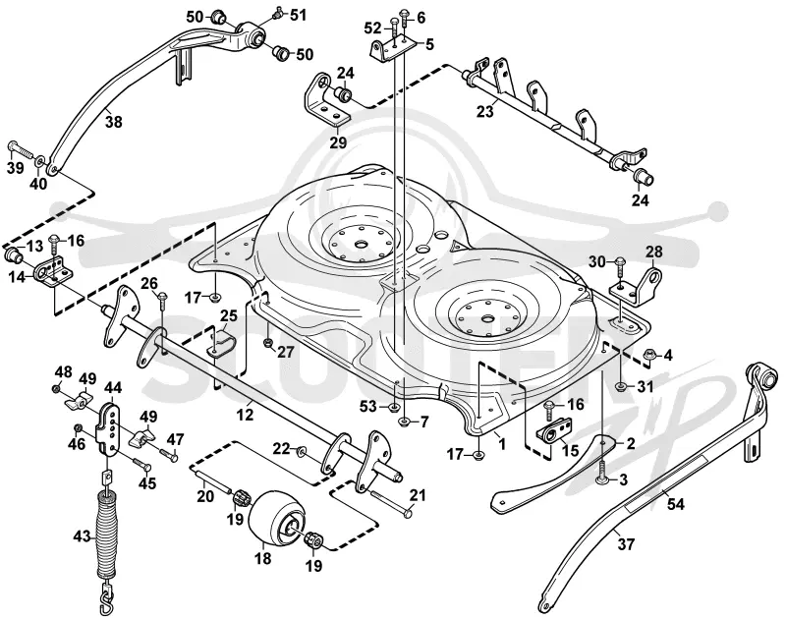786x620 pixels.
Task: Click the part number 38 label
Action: (114, 121)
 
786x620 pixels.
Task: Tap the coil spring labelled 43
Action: (107, 535)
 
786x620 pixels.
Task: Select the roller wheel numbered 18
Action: (277, 520)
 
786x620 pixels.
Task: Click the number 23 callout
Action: (484, 111)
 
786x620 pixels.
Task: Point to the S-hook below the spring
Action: (107, 598)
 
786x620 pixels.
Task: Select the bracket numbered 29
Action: (327, 100)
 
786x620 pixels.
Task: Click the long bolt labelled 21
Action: (391, 503)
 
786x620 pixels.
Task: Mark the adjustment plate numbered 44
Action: (110, 427)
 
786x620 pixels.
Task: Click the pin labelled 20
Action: (210, 477)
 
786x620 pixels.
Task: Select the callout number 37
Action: (625, 543)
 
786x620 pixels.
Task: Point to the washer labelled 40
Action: (39, 163)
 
